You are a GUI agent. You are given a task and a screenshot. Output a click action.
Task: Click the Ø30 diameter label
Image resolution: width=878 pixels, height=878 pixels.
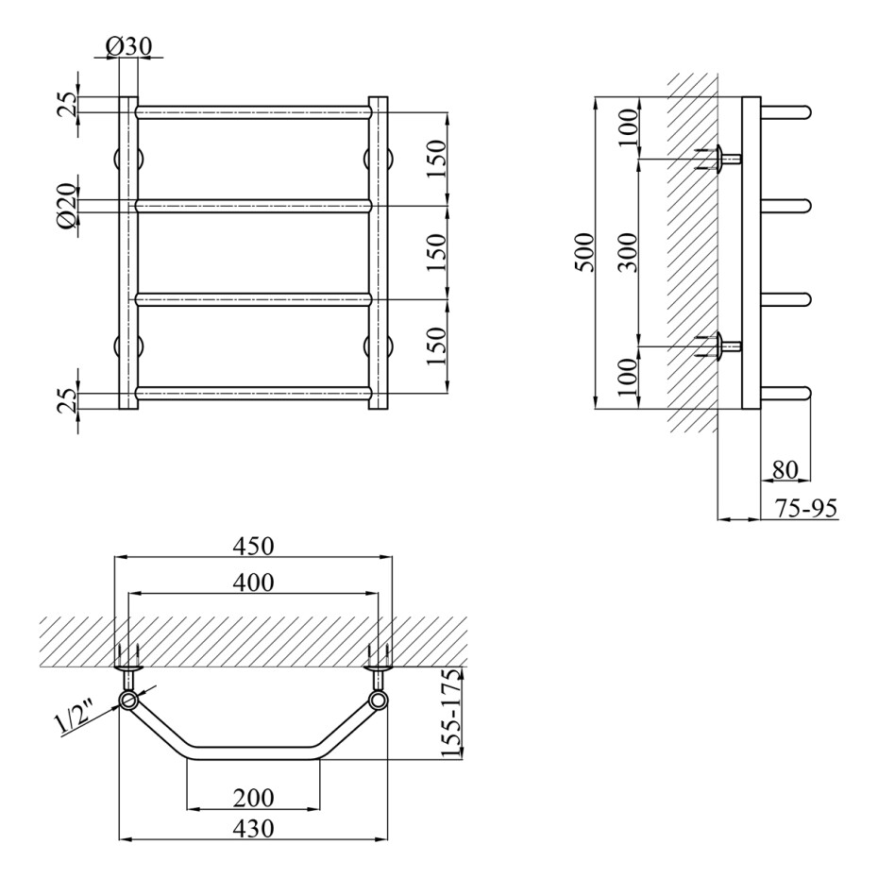tap(128, 46)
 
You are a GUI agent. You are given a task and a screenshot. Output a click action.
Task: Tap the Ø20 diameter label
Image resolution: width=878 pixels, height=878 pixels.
tap(66, 206)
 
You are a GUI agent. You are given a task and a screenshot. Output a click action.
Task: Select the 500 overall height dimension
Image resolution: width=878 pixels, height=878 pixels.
tap(584, 252)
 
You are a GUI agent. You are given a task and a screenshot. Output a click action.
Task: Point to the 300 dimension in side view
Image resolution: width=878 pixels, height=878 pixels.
tap(630, 252)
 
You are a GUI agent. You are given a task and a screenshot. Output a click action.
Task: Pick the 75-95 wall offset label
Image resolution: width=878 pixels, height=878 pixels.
tap(805, 509)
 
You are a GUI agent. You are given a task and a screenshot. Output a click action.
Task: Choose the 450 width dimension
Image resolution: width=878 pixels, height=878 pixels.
tap(253, 546)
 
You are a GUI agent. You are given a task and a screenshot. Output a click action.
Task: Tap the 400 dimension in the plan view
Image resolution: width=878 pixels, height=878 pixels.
tap(253, 583)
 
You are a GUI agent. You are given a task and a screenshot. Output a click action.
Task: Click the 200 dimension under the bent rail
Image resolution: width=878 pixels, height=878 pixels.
tap(253, 798)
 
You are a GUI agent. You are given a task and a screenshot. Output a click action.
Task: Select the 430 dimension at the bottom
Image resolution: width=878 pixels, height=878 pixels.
tap(253, 828)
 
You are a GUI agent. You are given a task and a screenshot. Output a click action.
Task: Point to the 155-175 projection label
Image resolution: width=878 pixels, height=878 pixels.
tap(450, 712)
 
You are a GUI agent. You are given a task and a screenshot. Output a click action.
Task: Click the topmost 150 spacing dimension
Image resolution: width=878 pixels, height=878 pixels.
tap(437, 159)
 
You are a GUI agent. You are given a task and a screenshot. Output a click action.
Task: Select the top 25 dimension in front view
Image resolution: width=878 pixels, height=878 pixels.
tap(66, 104)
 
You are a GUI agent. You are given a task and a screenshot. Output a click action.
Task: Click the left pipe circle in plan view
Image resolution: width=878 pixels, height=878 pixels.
tap(128, 700)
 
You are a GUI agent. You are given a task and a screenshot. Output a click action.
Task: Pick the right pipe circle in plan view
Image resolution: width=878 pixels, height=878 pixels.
tap(379, 700)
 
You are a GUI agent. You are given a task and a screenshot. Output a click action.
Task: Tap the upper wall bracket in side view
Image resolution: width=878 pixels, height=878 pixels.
tap(718, 159)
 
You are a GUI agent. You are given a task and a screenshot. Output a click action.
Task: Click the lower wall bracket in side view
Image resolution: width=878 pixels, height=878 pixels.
tap(718, 346)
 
